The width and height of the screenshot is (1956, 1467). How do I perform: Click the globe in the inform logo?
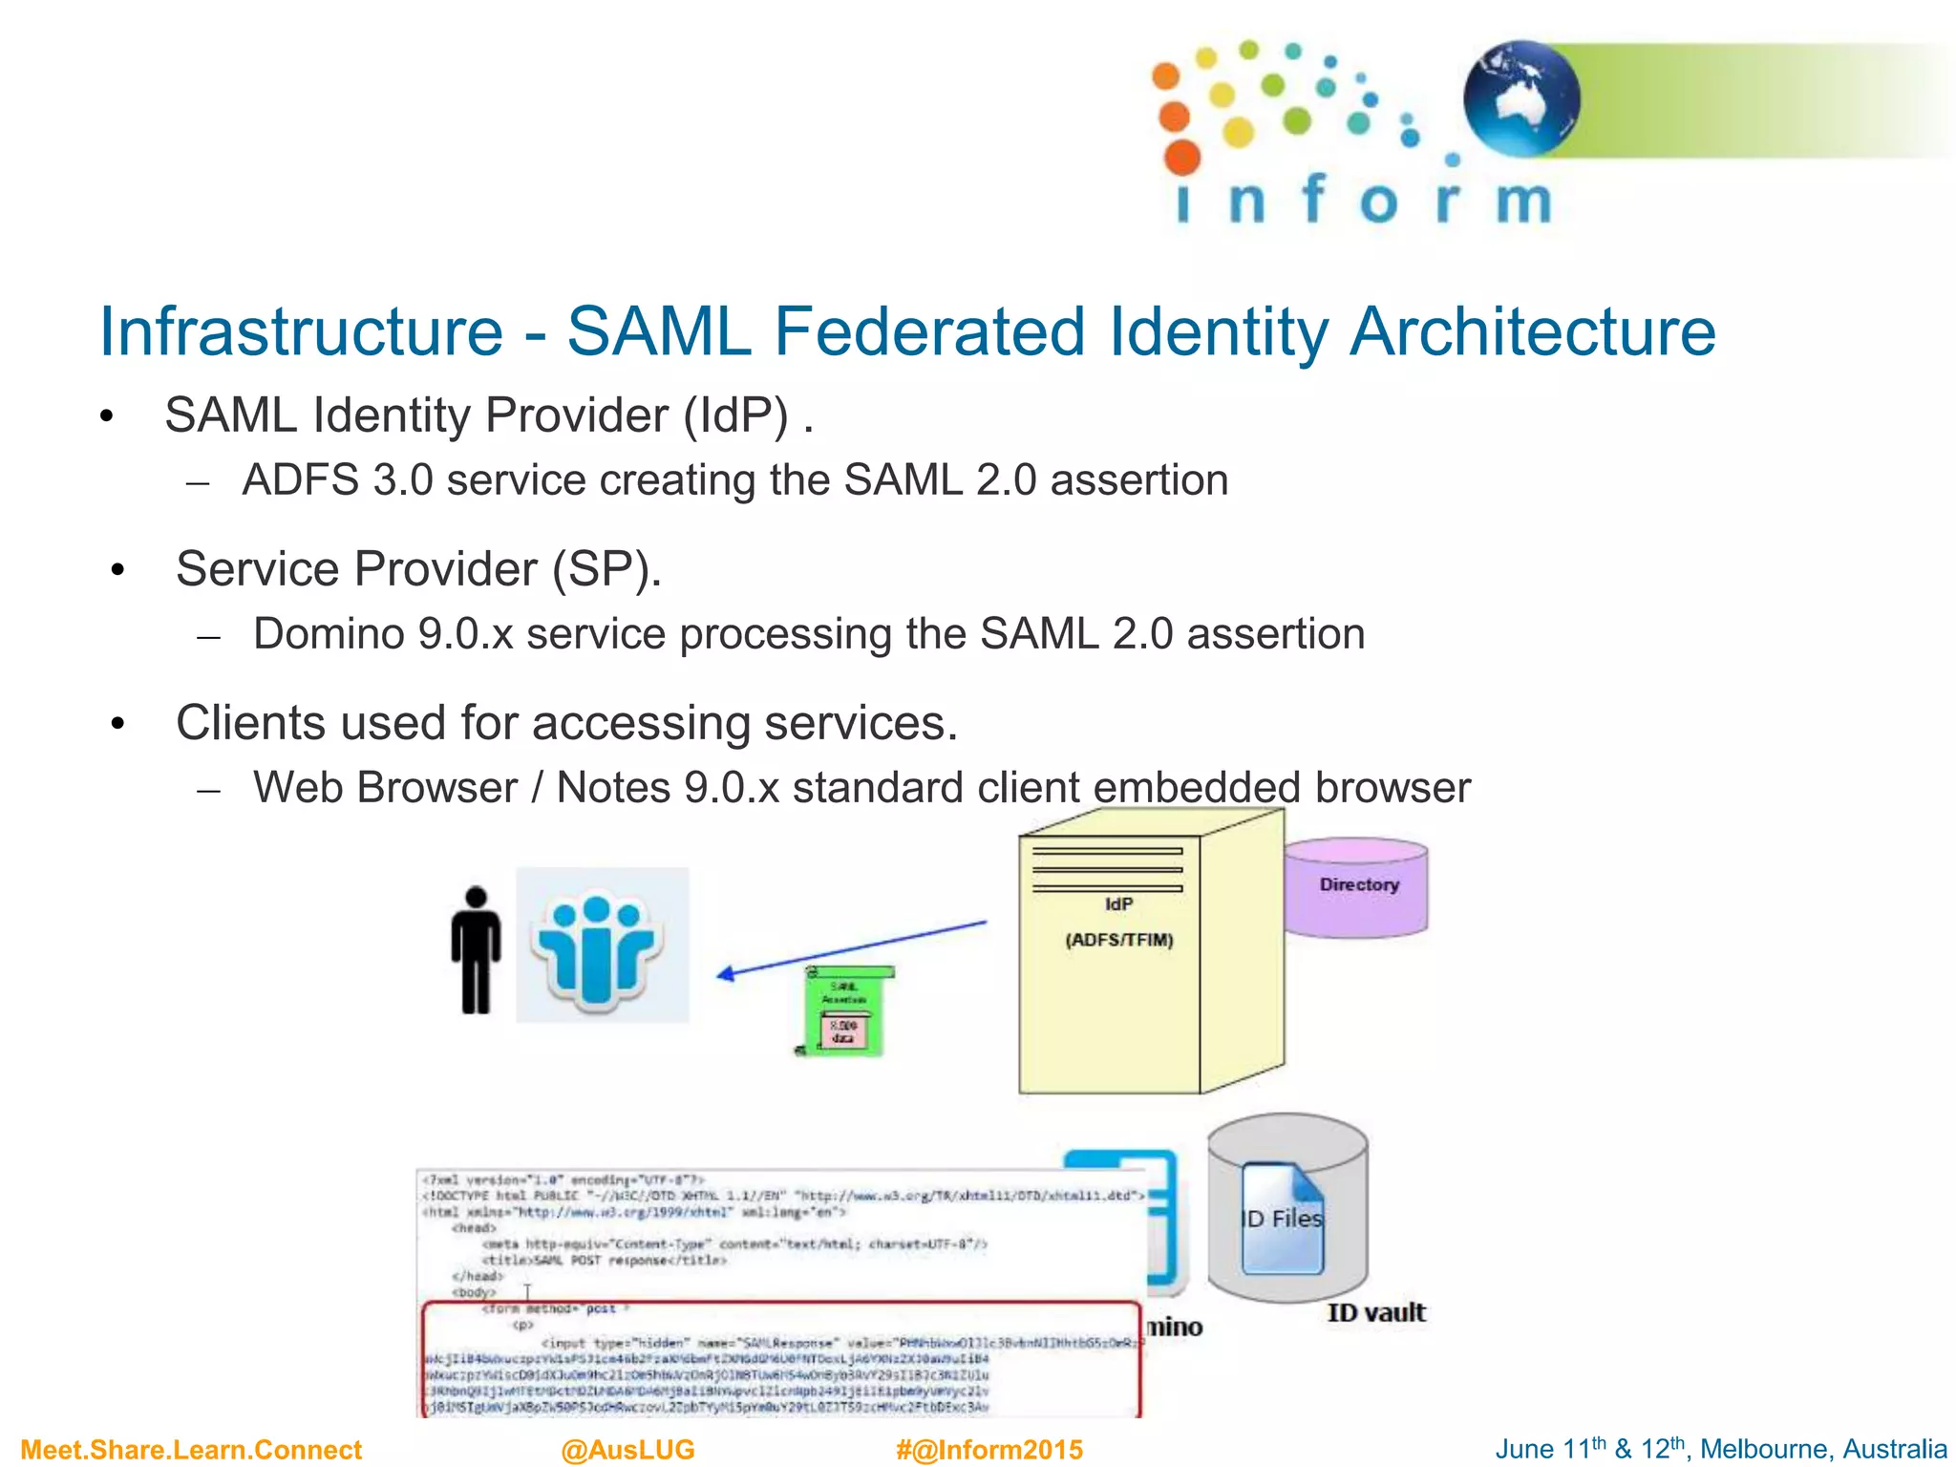tap(1521, 98)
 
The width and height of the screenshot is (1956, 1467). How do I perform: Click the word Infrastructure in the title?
tap(301, 332)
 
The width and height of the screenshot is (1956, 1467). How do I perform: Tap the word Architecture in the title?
tap(1532, 332)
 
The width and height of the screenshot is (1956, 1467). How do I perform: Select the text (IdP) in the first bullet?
tap(735, 416)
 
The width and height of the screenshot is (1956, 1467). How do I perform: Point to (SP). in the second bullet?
tap(607, 570)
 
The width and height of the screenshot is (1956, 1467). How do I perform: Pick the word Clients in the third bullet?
tap(249, 723)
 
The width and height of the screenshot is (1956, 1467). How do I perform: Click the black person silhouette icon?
tap(476, 950)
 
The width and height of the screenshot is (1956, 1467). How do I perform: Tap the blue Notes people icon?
tap(602, 946)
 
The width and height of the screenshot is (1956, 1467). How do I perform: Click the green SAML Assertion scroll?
tap(844, 1010)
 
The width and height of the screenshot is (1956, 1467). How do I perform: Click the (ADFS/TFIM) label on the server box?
tap(1119, 940)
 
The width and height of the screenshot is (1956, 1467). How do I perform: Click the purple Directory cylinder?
tap(1356, 887)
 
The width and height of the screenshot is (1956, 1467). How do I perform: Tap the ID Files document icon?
tap(1283, 1219)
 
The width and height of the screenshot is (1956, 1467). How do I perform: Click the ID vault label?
tap(1375, 1313)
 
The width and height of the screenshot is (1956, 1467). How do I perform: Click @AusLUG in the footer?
tap(627, 1450)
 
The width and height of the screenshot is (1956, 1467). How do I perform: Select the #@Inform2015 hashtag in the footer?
tap(989, 1450)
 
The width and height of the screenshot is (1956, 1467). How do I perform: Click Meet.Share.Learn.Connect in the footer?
tap(191, 1450)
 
